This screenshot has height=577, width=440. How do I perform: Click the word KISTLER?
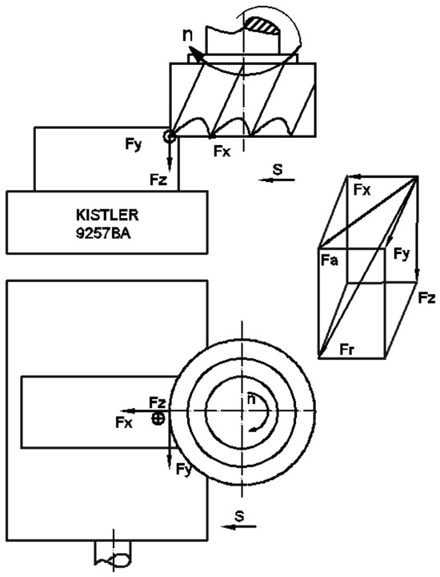click(x=107, y=216)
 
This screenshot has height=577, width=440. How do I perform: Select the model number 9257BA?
click(x=103, y=234)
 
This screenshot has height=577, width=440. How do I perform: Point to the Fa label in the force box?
click(x=330, y=260)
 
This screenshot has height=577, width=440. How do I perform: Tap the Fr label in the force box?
click(x=346, y=349)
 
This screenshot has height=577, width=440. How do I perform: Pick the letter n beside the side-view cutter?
click(x=187, y=34)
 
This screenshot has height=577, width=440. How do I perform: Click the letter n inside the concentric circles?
click(x=251, y=399)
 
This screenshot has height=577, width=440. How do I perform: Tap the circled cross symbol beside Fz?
click(x=158, y=418)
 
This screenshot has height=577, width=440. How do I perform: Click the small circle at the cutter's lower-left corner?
click(x=170, y=136)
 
